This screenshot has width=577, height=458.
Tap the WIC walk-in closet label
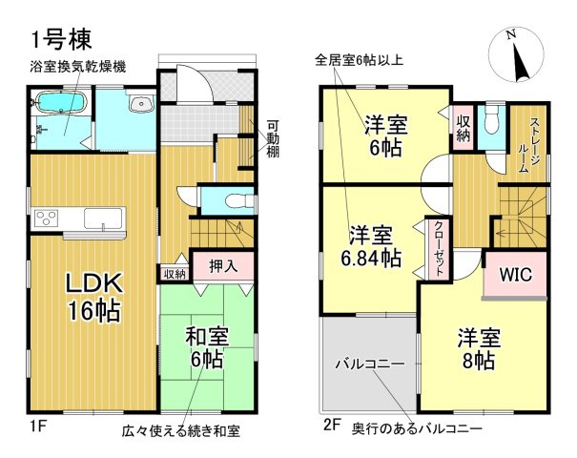516,275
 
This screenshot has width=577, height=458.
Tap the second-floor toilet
490,123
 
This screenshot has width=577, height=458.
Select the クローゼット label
438,249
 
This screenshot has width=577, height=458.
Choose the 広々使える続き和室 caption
181,431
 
